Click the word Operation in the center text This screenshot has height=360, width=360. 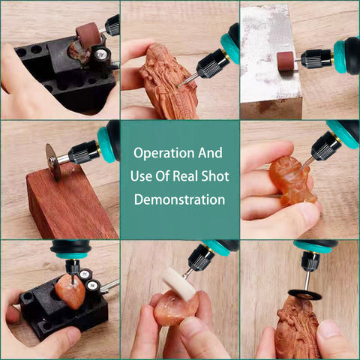point(163,154)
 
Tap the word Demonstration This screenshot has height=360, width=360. point(179,199)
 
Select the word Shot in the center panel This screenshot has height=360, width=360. point(215,176)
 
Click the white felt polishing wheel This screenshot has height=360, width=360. point(179,283)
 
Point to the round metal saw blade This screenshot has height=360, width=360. point(53,160)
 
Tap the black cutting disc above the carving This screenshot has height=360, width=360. point(304,294)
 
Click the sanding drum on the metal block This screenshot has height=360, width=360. point(286,62)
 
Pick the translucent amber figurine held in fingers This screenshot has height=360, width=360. point(292,180)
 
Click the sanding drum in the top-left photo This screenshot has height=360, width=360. point(89,34)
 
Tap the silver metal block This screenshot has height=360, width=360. point(271,61)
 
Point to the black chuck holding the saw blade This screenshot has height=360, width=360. point(83,152)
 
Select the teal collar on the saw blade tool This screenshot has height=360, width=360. point(105,145)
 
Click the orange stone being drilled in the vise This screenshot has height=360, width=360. point(70,292)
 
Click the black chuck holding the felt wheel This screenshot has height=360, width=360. point(200,257)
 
